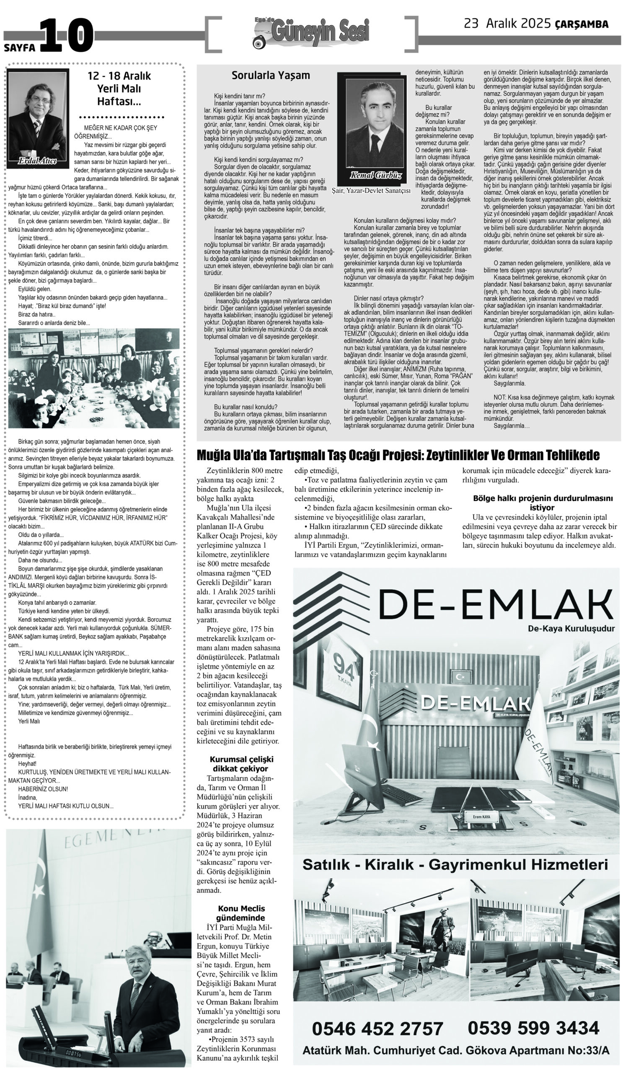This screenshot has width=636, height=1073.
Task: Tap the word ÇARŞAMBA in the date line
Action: tap(581, 24)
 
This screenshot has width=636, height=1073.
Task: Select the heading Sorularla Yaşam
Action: tap(270, 75)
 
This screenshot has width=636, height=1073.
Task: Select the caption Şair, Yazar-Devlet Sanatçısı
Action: tap(371, 190)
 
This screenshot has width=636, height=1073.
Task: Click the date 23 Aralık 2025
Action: tap(507, 24)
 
